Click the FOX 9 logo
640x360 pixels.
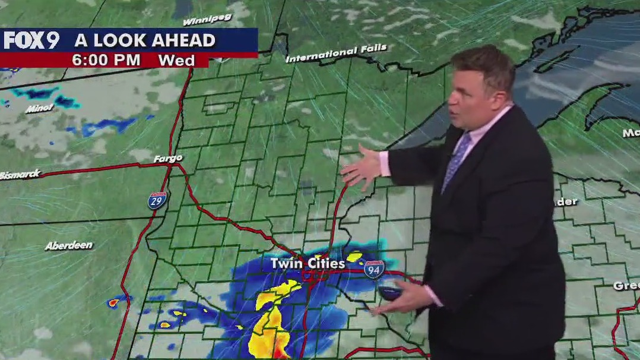click(31, 40)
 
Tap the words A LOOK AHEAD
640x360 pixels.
click(144, 40)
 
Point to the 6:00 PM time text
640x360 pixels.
click(106, 60)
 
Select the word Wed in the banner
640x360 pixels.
click(176, 60)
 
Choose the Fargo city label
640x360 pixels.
click(167, 159)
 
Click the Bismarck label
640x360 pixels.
click(20, 175)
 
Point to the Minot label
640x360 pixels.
click(39, 108)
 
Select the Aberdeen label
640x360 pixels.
click(68, 245)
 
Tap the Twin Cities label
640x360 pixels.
click(307, 263)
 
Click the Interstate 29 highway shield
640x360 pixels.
click(157, 200)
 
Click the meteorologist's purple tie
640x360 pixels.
click(456, 160)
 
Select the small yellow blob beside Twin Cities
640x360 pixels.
click(355, 257)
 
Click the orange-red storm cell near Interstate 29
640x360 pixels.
click(113, 302)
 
